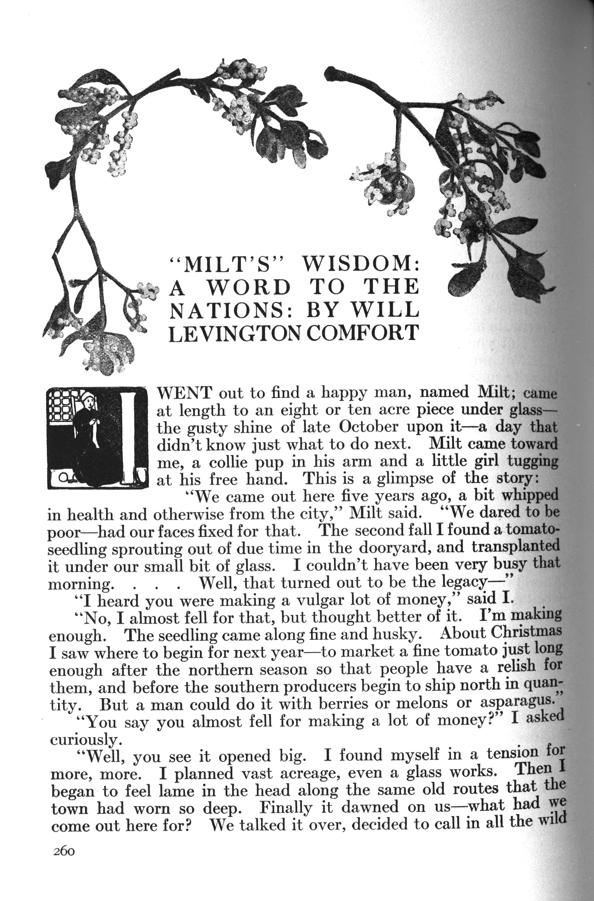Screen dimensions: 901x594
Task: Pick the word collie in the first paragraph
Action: pyautogui.click(x=228, y=462)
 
